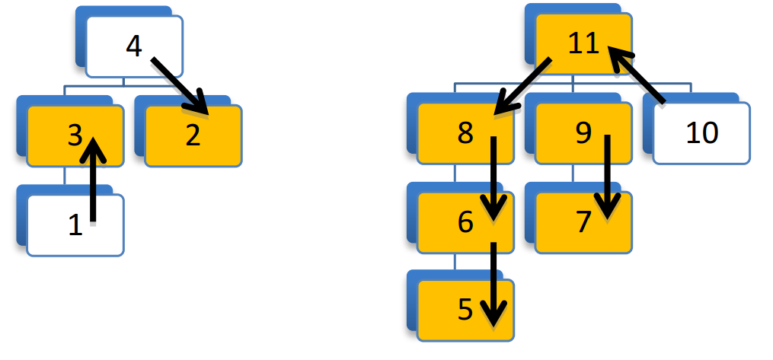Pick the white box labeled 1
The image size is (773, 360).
(x=53, y=226)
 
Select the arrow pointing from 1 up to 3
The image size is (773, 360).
(x=94, y=183)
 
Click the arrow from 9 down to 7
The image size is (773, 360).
(x=607, y=175)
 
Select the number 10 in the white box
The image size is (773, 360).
(x=701, y=133)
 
